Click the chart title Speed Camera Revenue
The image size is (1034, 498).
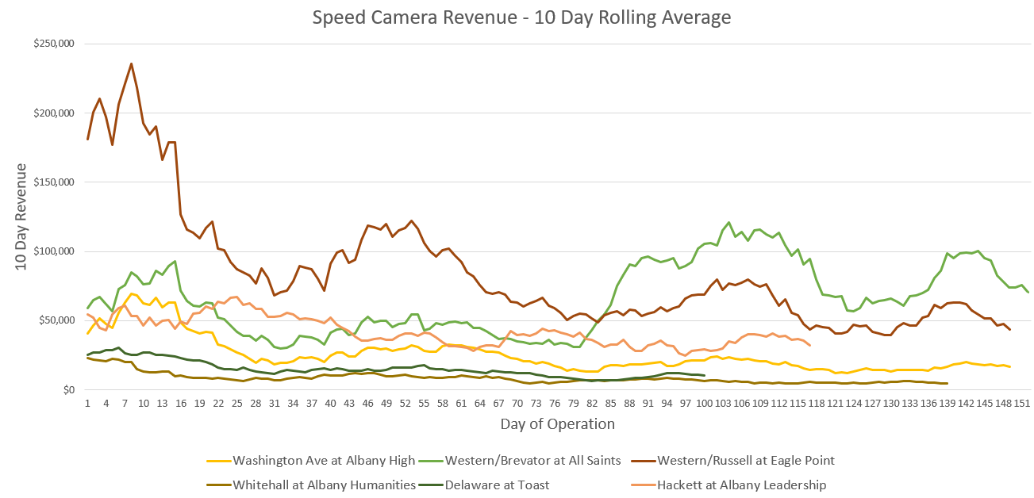521,17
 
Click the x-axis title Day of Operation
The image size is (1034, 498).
557,424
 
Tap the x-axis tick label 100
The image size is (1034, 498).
704,403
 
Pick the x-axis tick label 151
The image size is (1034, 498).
1022,403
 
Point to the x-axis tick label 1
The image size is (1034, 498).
87,403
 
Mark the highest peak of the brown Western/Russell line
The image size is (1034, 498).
131,63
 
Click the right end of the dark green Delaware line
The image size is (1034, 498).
704,375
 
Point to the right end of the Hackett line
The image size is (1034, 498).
809,345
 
